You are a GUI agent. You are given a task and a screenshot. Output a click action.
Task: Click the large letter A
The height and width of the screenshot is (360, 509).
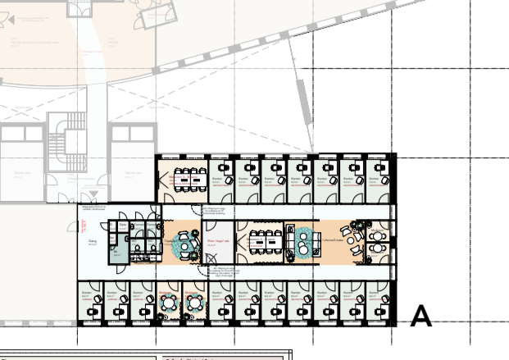(420, 316)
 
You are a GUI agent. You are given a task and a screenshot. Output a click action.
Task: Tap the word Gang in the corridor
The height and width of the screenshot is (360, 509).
(91, 241)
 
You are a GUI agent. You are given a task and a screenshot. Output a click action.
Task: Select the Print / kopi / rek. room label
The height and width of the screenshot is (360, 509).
(218, 241)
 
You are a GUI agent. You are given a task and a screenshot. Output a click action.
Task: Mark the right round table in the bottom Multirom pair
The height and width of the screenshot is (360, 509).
(194, 303)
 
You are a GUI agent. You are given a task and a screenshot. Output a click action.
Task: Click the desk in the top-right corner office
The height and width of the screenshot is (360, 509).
(379, 175)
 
